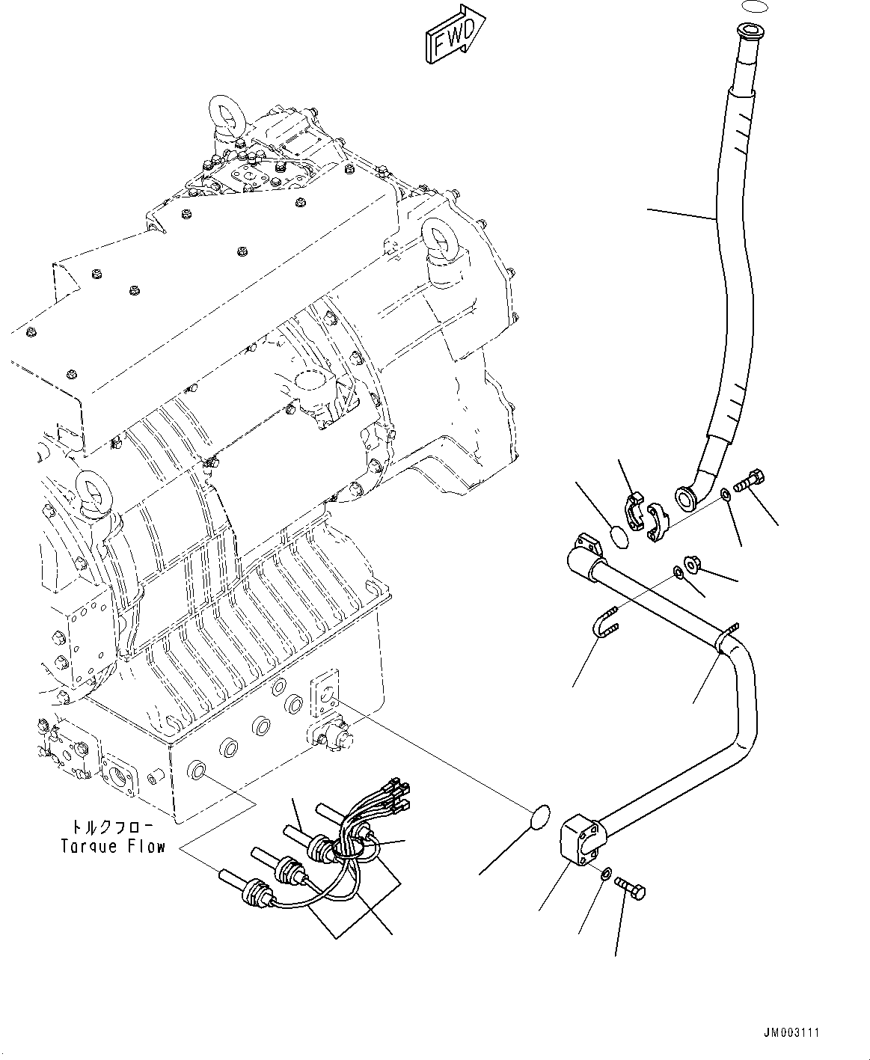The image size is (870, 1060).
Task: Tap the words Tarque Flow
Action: [112, 847]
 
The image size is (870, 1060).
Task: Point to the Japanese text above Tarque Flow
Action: [112, 827]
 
